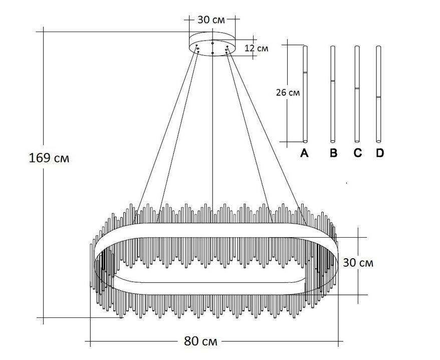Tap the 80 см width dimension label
pos(200,341)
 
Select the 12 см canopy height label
pos(256,48)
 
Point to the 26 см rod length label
pos(288,92)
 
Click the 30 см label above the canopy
pos(211,20)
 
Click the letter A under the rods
pos(304,153)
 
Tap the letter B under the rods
pos(333,153)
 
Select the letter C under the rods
pos(357,153)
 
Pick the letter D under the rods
pos(379,153)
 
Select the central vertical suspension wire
pos(213,130)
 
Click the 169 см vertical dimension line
pos(44,226)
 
